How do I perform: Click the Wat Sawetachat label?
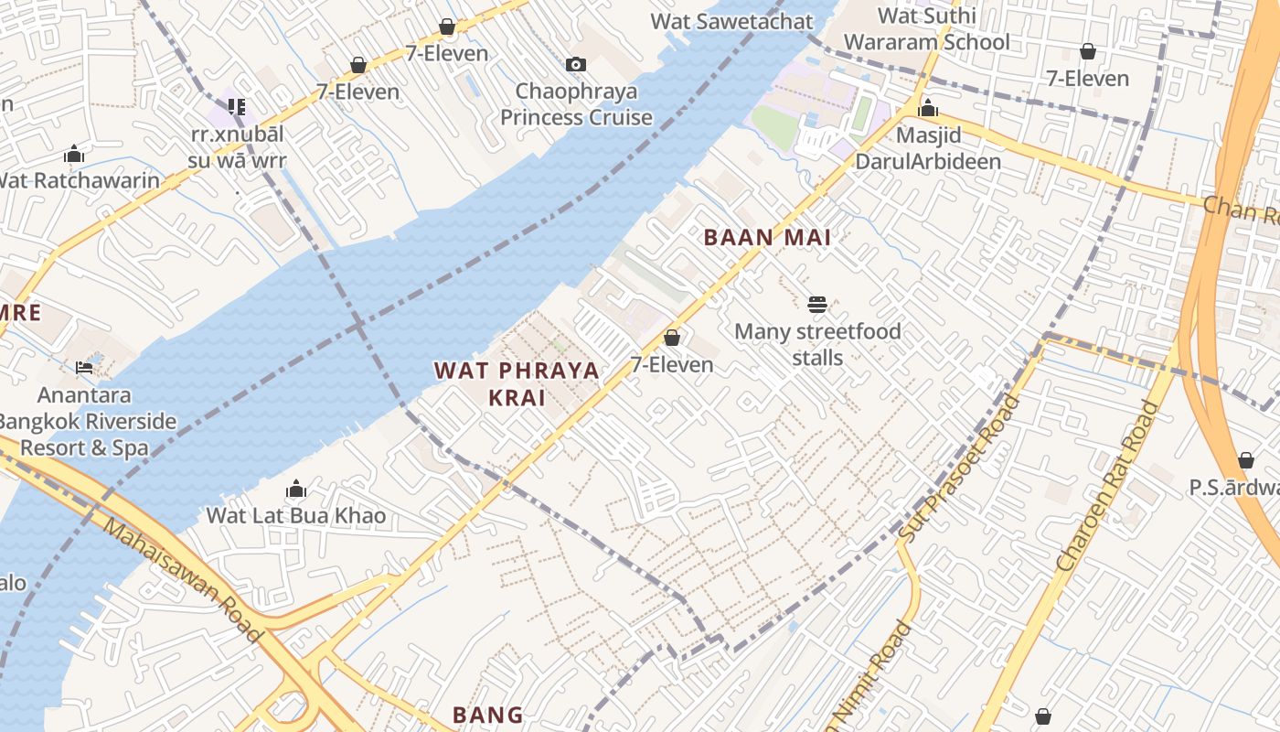coord(731,21)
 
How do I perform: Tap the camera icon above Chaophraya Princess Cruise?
coord(575,64)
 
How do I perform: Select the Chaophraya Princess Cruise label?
coord(576,104)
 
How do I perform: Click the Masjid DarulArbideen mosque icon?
coord(928,109)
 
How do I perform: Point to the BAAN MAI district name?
coord(767,238)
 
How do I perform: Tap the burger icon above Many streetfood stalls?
coord(817,304)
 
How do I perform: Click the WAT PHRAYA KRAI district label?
coord(517,383)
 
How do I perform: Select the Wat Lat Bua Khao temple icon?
coord(295,490)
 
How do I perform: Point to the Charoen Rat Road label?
coord(1106,488)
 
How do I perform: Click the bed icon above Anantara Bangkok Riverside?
coord(84,368)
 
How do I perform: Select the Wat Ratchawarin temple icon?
coord(74,154)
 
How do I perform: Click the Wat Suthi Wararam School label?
coord(926,29)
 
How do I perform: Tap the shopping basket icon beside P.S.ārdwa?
coord(1245,460)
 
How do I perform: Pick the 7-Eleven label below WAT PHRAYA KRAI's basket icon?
coord(672,365)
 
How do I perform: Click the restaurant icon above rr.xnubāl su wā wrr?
coord(237,107)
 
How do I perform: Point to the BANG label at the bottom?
coord(488,715)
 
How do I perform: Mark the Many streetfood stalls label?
coord(817,344)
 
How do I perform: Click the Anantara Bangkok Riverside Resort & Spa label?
coord(84,422)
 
